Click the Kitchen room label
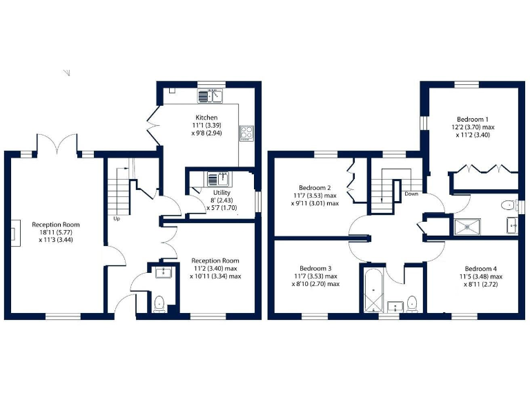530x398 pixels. (x=206, y=117)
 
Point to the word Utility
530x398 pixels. (x=222, y=192)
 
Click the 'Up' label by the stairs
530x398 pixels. (x=117, y=219)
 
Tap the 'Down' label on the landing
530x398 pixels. (x=411, y=194)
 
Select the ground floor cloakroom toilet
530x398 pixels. (x=160, y=302)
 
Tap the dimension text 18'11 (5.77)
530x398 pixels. (x=56, y=234)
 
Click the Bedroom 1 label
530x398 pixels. (x=473, y=118)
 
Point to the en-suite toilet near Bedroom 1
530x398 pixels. (x=509, y=205)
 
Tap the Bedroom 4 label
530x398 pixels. (x=480, y=269)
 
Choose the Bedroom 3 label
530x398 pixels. (x=315, y=269)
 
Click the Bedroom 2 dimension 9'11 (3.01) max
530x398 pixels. (x=315, y=203)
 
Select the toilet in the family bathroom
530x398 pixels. (x=412, y=303)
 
